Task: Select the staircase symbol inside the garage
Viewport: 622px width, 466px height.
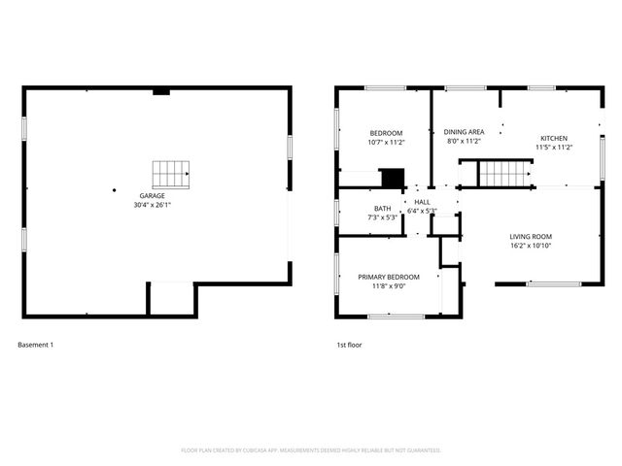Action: click(x=172, y=173)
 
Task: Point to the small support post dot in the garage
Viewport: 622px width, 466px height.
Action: click(x=114, y=190)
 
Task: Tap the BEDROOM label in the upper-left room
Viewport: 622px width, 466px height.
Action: click(x=386, y=133)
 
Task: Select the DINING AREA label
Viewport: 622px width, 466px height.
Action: click(x=464, y=132)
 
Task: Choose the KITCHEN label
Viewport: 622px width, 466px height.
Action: click(x=554, y=138)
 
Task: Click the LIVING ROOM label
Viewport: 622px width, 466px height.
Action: click(x=531, y=236)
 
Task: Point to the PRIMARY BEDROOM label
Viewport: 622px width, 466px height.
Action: click(x=388, y=277)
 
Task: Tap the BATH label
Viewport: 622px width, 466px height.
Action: click(x=382, y=209)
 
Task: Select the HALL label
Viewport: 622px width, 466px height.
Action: click(x=422, y=202)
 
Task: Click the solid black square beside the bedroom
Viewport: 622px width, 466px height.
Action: click(x=392, y=179)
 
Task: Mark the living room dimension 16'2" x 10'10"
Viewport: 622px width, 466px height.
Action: click(x=531, y=246)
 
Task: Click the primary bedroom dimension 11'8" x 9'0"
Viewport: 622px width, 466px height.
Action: click(x=388, y=286)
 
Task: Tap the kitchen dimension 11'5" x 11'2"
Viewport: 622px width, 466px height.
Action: click(x=554, y=148)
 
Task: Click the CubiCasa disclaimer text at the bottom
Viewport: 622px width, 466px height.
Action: click(x=311, y=450)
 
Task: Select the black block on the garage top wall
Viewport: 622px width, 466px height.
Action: click(x=161, y=91)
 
